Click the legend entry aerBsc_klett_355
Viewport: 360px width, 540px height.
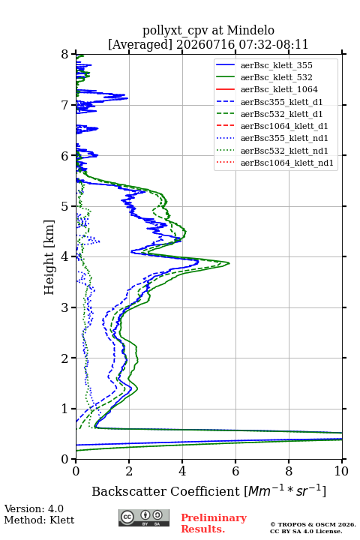tap(276, 65)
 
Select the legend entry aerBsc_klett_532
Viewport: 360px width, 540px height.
tap(276, 77)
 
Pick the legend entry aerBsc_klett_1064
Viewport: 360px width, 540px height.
tap(279, 89)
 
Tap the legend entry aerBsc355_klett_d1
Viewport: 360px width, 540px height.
tap(281, 102)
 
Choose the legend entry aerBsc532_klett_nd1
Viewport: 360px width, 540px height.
tap(284, 151)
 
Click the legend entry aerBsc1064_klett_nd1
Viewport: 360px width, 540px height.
tap(287, 163)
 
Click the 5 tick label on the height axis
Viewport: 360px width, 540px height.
tap(65, 206)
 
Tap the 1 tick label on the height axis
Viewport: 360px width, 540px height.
tap(65, 409)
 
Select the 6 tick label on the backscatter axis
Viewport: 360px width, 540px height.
tap(235, 471)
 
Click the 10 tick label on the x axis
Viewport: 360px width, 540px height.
tap(341, 471)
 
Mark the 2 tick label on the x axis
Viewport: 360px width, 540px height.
tap(129, 471)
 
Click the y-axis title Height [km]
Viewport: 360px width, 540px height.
tap(49, 257)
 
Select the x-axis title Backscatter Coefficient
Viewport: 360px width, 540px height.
tap(166, 491)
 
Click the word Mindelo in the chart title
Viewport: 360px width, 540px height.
tap(250, 30)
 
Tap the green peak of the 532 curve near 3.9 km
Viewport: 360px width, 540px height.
tap(229, 263)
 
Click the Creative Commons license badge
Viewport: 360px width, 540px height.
tap(144, 517)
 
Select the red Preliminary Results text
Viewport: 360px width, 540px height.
tap(214, 523)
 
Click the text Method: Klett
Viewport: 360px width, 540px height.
tap(39, 520)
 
